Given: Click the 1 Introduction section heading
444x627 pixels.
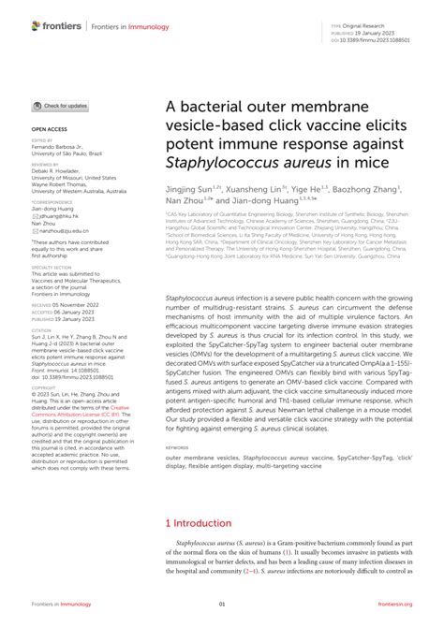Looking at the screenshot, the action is pos(202,523).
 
